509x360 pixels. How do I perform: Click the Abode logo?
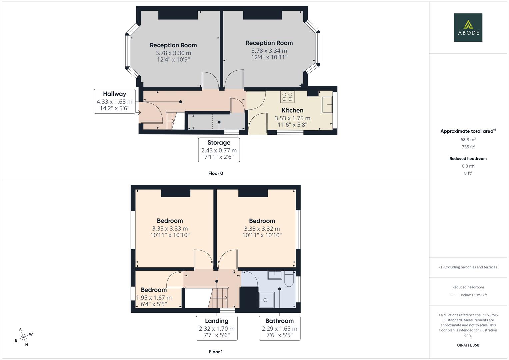point(468,28)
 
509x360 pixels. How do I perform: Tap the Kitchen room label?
point(292,110)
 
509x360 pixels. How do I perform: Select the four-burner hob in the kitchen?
point(287,97)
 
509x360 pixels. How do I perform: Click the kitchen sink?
point(327,105)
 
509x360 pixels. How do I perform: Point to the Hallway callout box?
point(114,101)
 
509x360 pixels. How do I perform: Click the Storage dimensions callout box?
point(219,150)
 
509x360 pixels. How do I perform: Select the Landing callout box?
point(216,328)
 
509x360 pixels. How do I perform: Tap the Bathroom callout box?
point(279,328)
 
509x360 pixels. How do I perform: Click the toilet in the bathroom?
point(288,279)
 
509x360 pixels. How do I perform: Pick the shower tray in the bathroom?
point(266,300)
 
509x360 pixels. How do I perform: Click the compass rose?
point(23,337)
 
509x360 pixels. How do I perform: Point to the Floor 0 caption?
point(216,173)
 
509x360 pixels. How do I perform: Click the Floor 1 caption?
point(216,352)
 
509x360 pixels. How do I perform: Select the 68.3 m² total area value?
point(468,140)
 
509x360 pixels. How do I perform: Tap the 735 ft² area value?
point(468,147)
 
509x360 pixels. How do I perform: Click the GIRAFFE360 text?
point(468,345)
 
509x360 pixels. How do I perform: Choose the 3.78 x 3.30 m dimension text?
point(173,53)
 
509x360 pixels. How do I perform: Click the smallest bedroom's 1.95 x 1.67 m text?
point(154,298)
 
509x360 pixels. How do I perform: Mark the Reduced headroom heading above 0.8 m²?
point(468,159)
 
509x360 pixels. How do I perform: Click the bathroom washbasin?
point(275,275)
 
